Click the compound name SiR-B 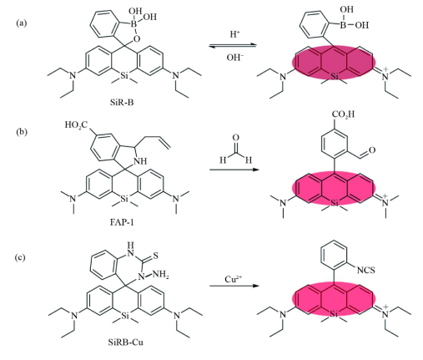[122, 103]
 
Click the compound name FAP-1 [122, 222]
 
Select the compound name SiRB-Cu [126, 342]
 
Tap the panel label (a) [22, 23]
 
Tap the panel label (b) [22, 131]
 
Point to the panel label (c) [20, 257]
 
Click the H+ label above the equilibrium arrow [235, 34]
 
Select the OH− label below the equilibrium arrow [235, 58]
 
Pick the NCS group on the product [365, 270]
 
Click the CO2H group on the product [344, 114]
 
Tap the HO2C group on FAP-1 [76, 124]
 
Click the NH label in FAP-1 [140, 161]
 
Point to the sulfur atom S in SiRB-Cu [155, 256]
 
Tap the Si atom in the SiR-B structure [124, 75]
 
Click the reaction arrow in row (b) [234, 170]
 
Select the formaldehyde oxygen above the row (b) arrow [235, 137]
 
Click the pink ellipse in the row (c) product [334, 299]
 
